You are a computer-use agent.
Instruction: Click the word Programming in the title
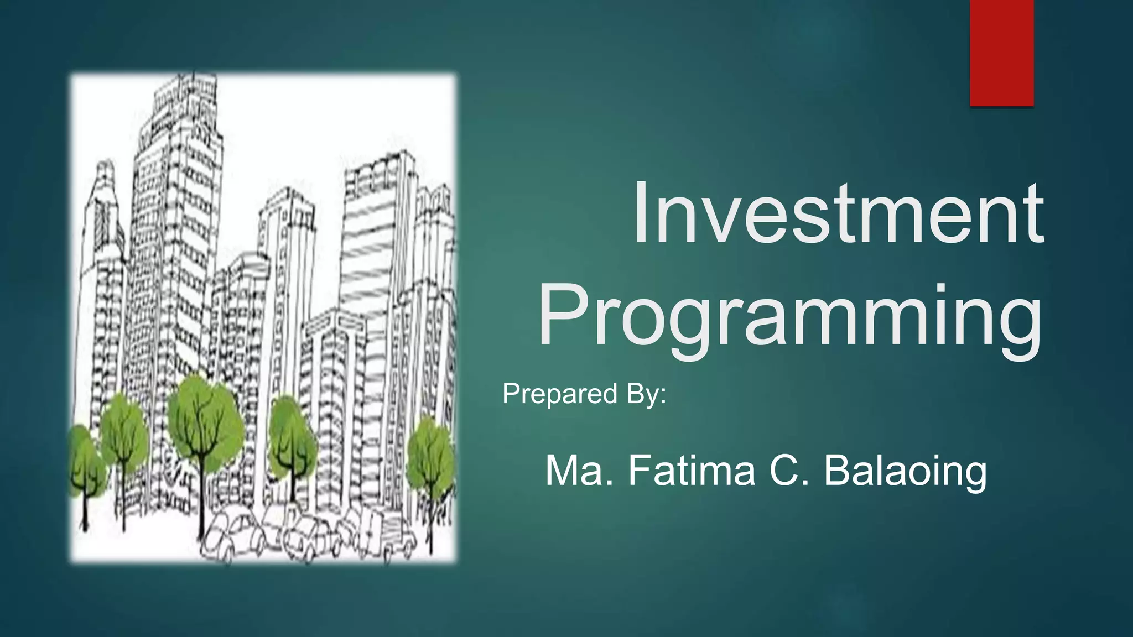tap(790, 318)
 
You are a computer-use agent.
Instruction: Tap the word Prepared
tap(559, 394)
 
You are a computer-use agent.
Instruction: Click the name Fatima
tap(692, 471)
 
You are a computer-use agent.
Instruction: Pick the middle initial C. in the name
tap(789, 471)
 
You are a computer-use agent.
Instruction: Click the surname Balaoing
tap(905, 471)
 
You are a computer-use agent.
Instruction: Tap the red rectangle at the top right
tap(1001, 53)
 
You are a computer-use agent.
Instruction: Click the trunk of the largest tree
tap(202, 498)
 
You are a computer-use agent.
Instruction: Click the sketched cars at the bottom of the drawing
tap(310, 536)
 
